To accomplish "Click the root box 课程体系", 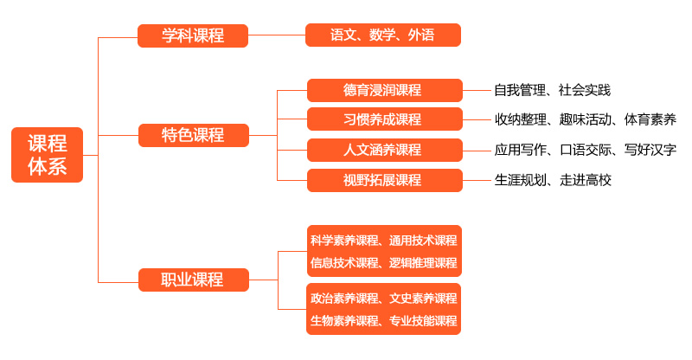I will (47, 155).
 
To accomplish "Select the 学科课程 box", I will (193, 35).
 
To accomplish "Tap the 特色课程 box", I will (193, 135).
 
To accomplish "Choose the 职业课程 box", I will (193, 280).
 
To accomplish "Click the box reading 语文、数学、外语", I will (382, 35).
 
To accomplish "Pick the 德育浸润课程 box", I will (382, 90).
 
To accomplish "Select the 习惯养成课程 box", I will (382, 119).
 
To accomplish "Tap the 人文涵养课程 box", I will (382, 150).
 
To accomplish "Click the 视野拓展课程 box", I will (382, 180).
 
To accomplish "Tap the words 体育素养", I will (650, 119).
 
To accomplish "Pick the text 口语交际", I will (586, 150).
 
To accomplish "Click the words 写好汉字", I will (650, 150).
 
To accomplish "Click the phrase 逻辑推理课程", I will (423, 262).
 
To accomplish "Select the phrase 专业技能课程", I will (423, 321).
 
